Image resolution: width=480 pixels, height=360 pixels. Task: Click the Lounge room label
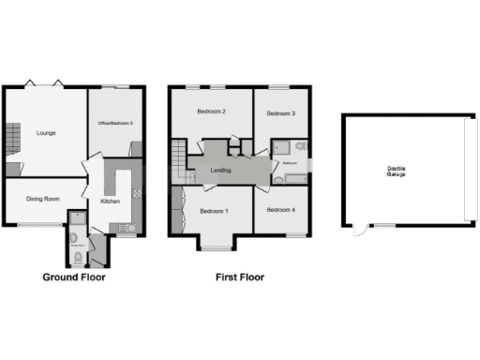tap(46, 133)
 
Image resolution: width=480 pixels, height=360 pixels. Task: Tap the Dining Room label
tap(43, 199)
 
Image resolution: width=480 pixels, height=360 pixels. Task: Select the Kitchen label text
tap(110, 202)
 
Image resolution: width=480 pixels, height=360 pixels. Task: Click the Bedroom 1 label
tap(215, 211)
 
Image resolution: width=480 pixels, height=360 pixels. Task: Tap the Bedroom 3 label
tap(281, 113)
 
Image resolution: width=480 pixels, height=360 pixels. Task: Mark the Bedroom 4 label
tap(281, 210)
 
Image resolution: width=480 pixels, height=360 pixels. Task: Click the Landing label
tap(222, 170)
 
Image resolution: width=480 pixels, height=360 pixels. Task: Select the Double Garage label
tap(401, 172)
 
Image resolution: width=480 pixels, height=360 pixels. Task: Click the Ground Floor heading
tap(74, 277)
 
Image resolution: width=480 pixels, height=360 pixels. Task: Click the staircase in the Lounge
tap(13, 141)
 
